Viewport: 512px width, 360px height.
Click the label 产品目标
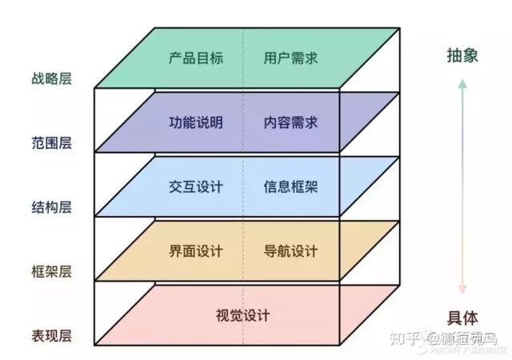click(196, 58)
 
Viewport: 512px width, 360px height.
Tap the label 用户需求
click(290, 58)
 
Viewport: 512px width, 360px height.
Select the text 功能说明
click(196, 123)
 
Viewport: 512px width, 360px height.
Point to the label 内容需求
click(290, 123)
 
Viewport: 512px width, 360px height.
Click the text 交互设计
click(196, 187)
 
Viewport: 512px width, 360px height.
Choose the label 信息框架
click(290, 187)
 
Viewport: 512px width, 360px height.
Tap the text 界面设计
click(196, 251)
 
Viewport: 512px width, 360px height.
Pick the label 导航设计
click(290, 251)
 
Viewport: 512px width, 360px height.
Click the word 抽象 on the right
click(462, 55)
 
